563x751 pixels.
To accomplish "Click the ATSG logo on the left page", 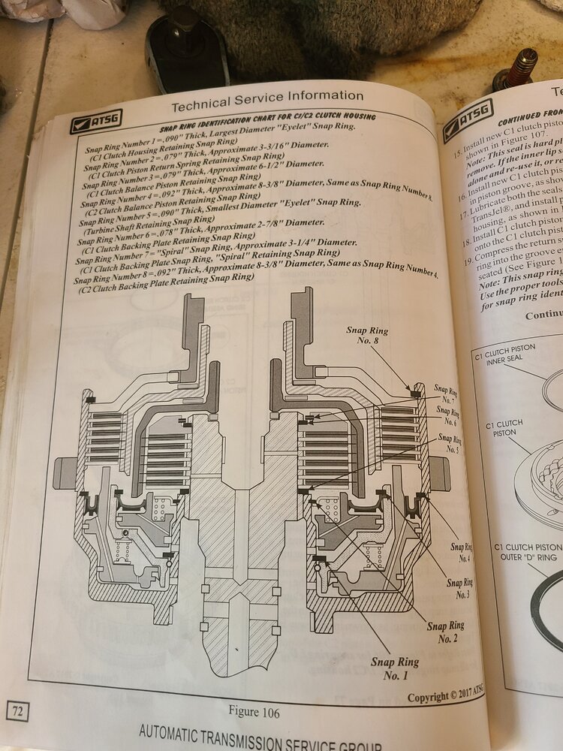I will (x=95, y=120).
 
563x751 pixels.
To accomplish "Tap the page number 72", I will (x=17, y=709).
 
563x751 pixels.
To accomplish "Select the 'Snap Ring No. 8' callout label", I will (x=367, y=334).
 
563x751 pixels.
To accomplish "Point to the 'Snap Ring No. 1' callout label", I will (x=395, y=668).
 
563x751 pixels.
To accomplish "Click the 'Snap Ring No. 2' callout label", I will (x=446, y=631).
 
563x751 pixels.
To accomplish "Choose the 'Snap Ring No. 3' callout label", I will (x=460, y=588).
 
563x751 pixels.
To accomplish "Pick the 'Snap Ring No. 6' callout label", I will (x=447, y=416).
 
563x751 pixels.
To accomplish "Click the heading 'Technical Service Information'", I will (x=267, y=96).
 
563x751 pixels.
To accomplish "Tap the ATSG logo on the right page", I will (x=467, y=119).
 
